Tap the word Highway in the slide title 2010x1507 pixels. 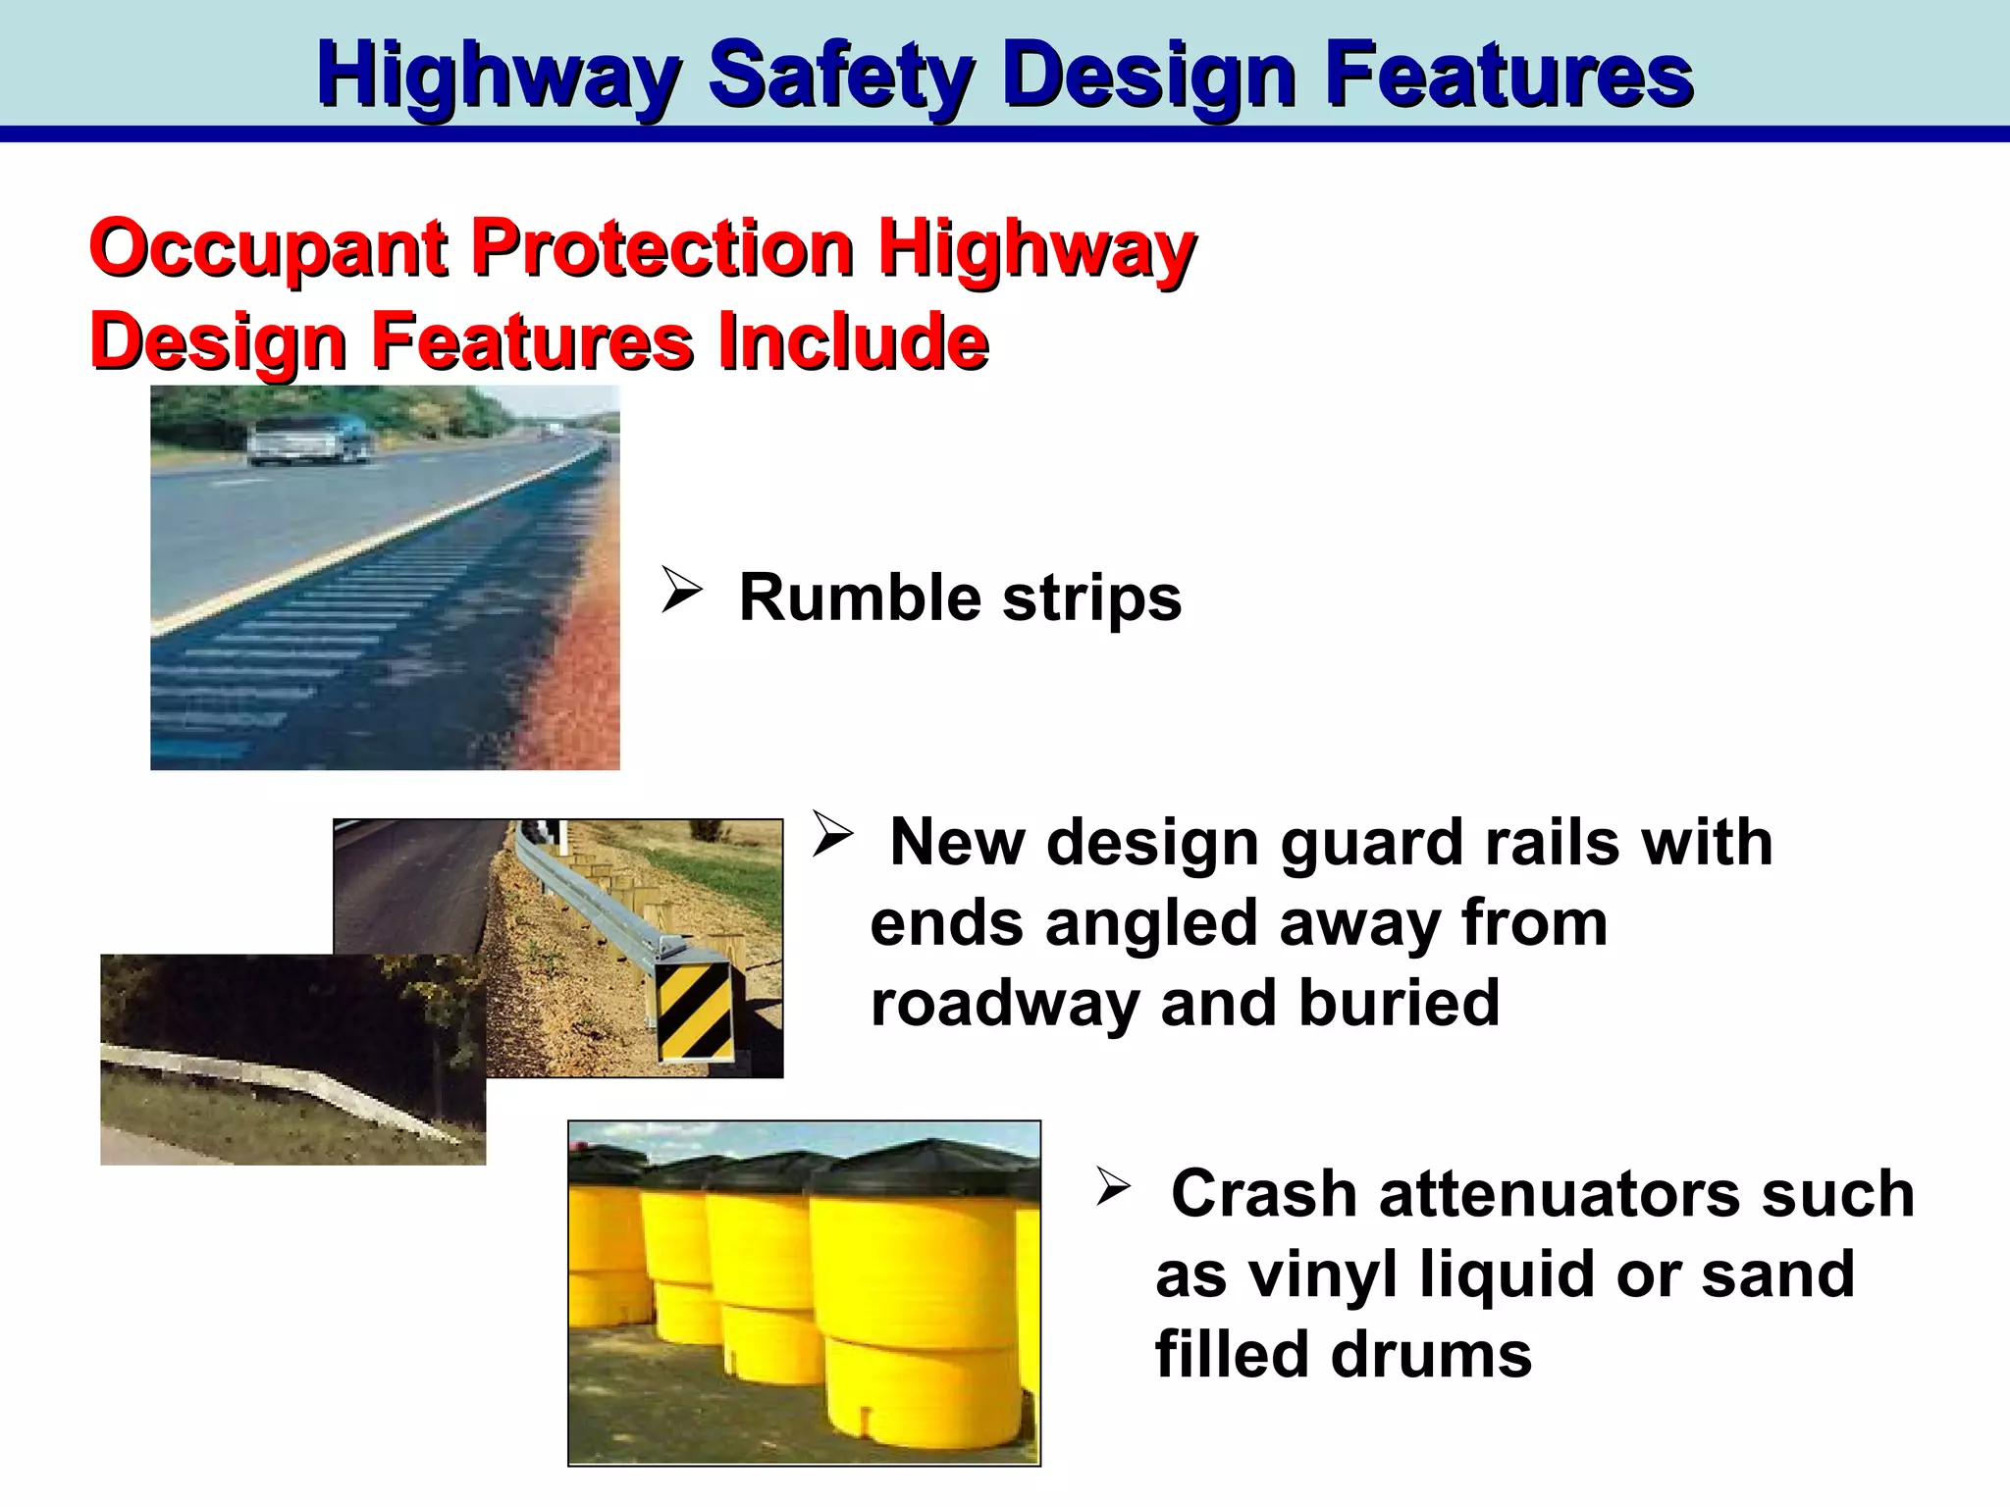point(499,77)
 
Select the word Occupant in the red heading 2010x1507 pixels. point(268,249)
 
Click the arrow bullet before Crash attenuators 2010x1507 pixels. point(1113,1186)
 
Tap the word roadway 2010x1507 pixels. point(1004,1003)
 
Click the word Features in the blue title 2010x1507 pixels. point(1508,77)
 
